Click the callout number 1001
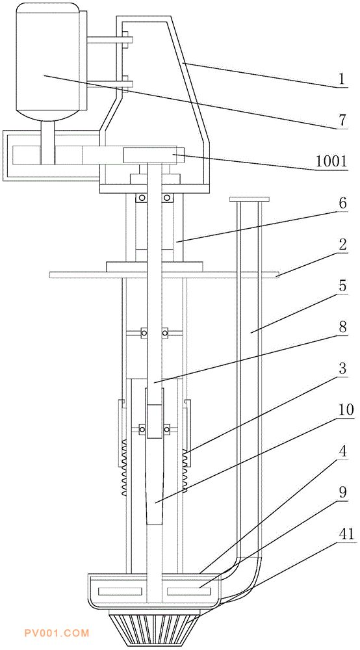[331, 161]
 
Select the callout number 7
[342, 121]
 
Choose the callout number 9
[342, 493]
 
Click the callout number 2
[342, 245]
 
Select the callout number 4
[342, 452]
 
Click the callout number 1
[342, 79]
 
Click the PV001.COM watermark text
[57, 633]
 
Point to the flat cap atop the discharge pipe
[250, 200]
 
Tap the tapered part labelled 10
[155, 481]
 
